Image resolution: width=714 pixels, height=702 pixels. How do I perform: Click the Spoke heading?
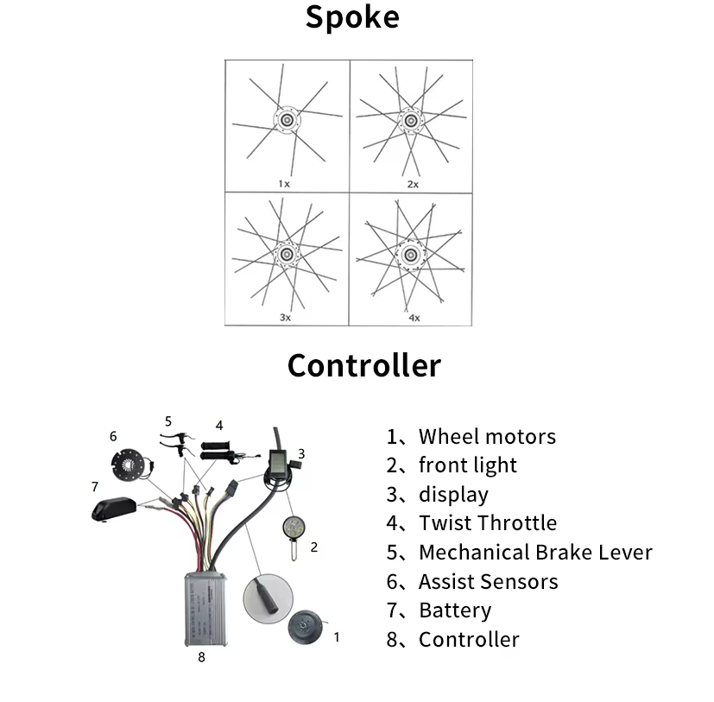click(352, 18)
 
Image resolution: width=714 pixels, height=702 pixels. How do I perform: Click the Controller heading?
click(363, 365)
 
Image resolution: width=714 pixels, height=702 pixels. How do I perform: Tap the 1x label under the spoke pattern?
click(284, 184)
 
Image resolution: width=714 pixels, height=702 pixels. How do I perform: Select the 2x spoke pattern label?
click(413, 184)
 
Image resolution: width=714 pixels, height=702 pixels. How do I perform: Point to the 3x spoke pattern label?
click(285, 318)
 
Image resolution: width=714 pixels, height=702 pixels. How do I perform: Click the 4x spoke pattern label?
click(414, 318)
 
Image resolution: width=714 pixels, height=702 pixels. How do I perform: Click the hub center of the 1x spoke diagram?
click(286, 118)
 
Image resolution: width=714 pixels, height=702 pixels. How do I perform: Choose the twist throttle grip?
click(220, 449)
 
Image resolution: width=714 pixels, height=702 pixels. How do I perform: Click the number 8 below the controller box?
click(201, 657)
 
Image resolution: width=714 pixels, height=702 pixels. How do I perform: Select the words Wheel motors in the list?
click(487, 437)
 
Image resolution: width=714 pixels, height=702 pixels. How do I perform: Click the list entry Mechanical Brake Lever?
click(535, 552)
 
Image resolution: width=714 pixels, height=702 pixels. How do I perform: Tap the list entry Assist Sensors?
click(488, 581)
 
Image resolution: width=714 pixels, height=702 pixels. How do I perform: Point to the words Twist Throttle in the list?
click(488, 522)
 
